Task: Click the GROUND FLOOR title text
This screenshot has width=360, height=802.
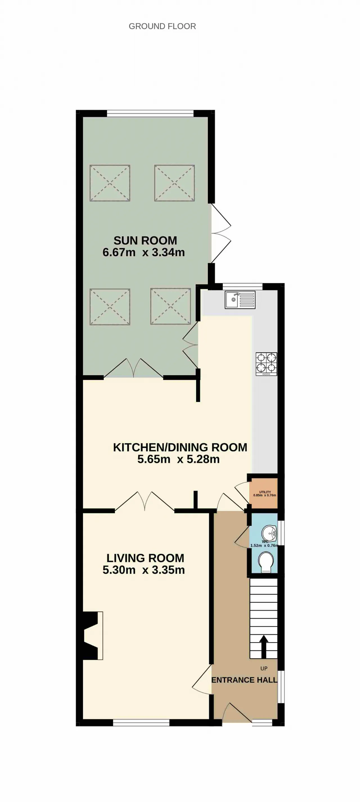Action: click(x=162, y=26)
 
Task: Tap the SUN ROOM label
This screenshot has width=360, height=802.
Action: click(x=145, y=240)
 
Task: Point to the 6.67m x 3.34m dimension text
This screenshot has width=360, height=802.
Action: click(x=144, y=252)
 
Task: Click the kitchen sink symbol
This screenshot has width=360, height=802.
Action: click(x=240, y=300)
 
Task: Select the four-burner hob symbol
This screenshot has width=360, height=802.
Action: click(x=266, y=364)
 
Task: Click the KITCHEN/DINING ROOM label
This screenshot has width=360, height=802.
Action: click(x=180, y=447)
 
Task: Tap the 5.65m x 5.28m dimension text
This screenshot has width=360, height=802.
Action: click(x=179, y=459)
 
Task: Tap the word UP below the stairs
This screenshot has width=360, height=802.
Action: click(x=264, y=669)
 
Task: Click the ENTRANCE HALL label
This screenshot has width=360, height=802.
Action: click(x=244, y=680)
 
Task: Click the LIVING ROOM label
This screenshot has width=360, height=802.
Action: click(x=145, y=558)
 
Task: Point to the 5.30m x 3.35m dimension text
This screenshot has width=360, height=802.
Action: click(x=144, y=570)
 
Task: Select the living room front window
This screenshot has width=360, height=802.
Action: click(x=141, y=723)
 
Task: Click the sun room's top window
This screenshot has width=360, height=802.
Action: click(x=150, y=113)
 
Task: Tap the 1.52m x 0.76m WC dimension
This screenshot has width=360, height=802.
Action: click(x=264, y=546)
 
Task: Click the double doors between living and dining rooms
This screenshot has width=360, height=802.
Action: click(x=145, y=502)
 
